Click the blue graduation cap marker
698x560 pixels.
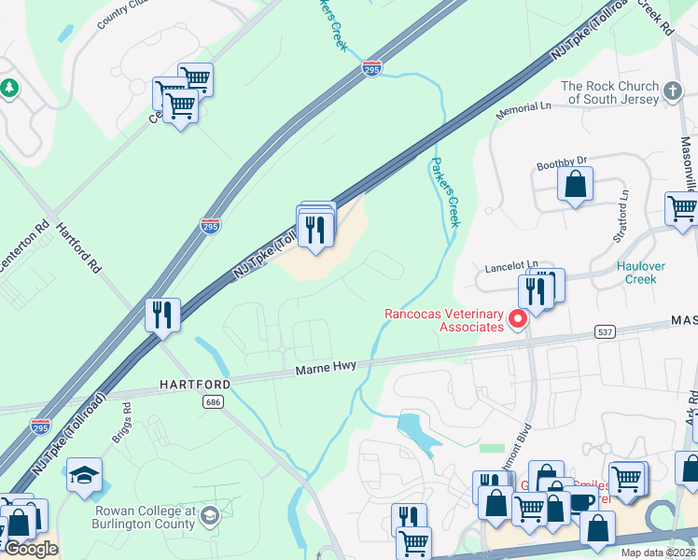pos(84,475)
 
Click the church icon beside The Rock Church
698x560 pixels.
pos(674,90)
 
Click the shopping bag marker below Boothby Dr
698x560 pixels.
pos(576,185)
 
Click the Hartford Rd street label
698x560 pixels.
pos(77,247)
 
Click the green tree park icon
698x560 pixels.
pos(10,88)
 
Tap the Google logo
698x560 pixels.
pos(31,549)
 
